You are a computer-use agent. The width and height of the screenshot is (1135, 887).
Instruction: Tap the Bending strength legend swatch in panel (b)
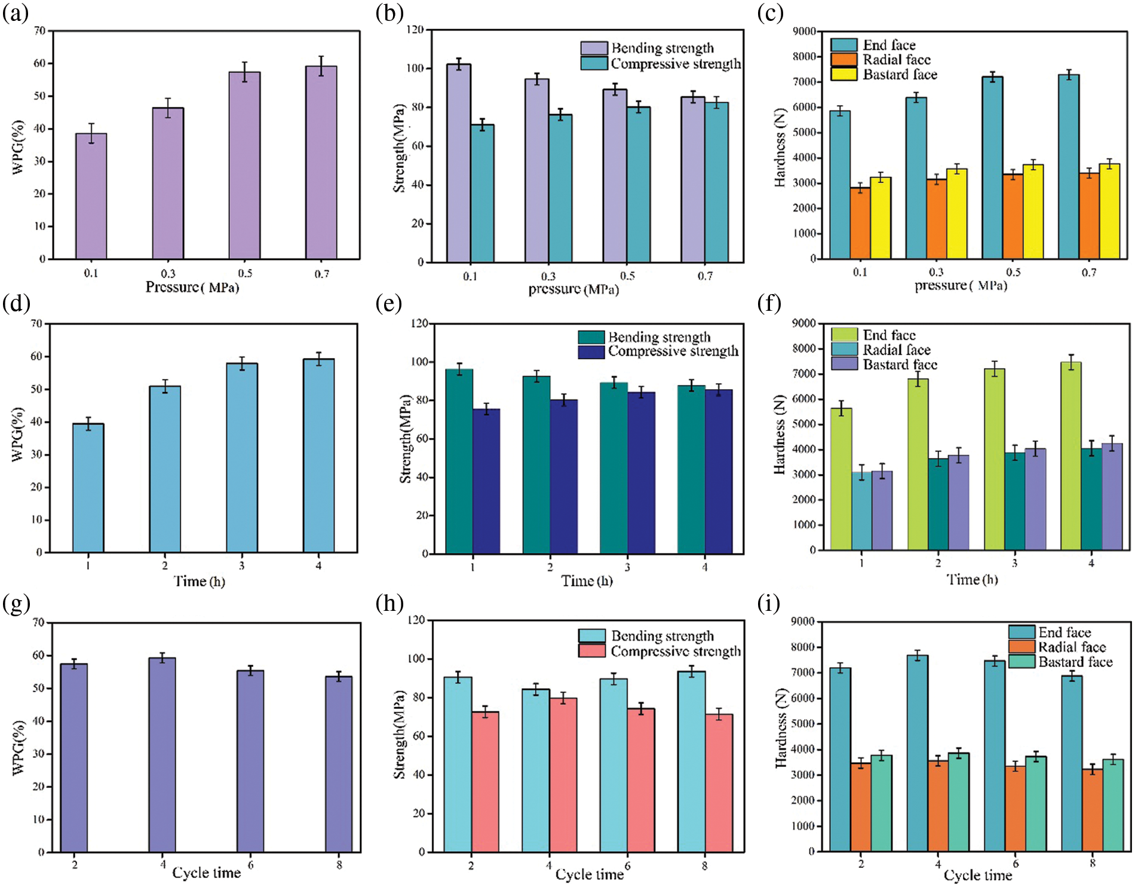click(594, 48)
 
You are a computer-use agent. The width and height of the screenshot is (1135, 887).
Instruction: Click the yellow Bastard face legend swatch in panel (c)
click(844, 74)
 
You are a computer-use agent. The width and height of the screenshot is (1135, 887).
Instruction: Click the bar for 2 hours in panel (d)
click(165, 469)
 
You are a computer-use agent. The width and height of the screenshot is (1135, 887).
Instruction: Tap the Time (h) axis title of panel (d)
click(199, 581)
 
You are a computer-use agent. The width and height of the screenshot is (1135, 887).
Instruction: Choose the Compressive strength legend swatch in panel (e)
click(591, 351)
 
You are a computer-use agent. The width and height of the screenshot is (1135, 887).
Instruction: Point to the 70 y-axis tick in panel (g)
click(39, 623)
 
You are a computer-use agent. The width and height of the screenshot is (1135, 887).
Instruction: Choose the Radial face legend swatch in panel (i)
click(1021, 647)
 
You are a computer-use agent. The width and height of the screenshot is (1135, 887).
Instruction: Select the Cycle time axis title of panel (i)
click(978, 875)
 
